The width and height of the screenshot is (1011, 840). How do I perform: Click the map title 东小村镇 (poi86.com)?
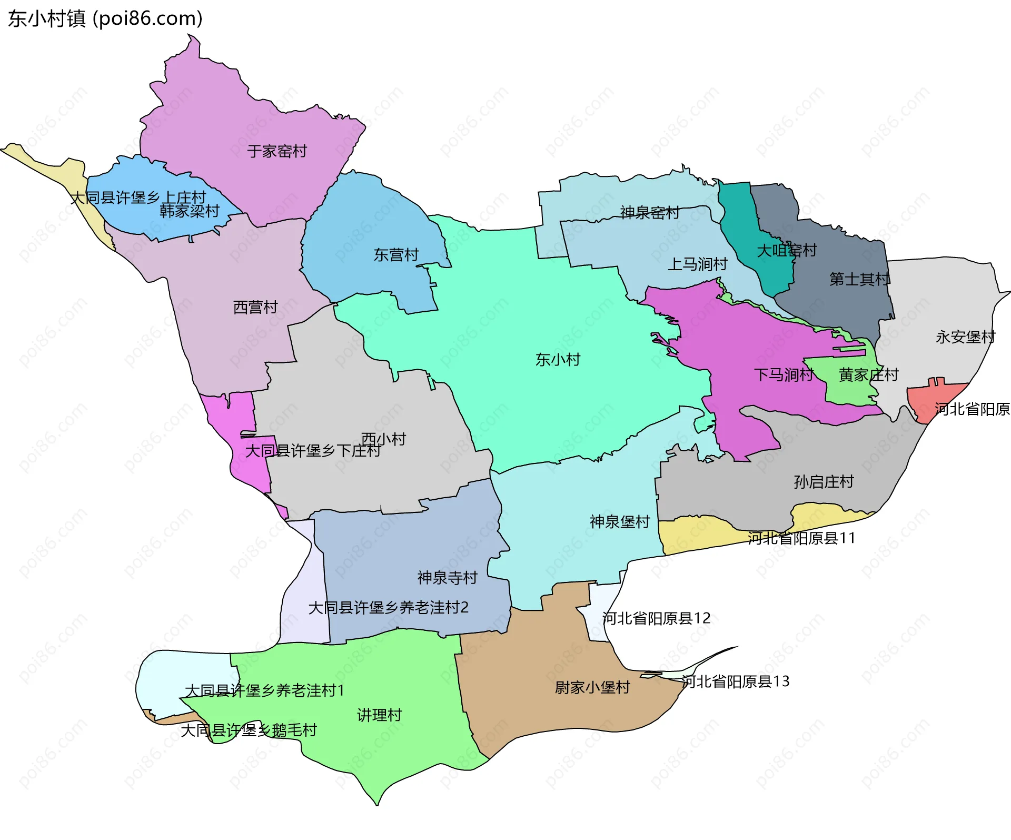click(105, 19)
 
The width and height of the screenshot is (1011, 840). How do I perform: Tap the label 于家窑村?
click(277, 152)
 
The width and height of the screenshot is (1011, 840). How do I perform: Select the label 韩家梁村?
click(190, 211)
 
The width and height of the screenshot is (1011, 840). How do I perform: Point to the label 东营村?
click(396, 255)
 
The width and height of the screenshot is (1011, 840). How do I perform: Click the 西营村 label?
click(255, 307)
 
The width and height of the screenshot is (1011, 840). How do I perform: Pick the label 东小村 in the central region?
click(558, 360)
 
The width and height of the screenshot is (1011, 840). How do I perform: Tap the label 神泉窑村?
click(649, 213)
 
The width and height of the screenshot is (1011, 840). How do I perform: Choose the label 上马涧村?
click(697, 264)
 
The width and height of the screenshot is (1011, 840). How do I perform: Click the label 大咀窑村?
click(787, 250)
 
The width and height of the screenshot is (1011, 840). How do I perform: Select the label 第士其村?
click(859, 279)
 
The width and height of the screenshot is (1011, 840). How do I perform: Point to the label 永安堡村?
click(965, 337)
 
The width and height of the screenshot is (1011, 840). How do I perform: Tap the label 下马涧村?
click(784, 375)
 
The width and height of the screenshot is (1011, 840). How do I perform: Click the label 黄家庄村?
click(868, 375)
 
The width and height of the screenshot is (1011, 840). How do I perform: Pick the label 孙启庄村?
click(824, 482)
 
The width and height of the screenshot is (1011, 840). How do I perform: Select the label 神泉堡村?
click(620, 522)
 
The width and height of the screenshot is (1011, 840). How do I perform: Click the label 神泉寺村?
click(447, 578)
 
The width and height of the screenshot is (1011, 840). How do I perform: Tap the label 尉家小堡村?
click(592, 687)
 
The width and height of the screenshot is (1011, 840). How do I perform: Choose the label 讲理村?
click(379, 715)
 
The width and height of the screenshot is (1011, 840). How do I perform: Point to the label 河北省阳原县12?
click(656, 618)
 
